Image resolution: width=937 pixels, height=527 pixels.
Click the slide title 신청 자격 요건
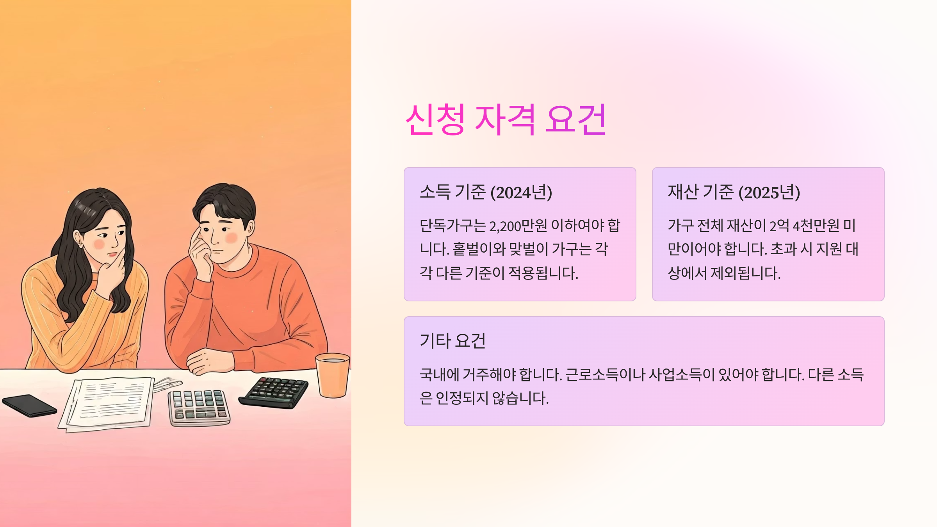tap(506, 119)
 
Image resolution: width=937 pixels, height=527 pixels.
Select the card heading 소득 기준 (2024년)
tap(486, 192)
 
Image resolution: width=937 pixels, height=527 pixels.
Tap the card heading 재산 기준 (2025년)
tap(734, 192)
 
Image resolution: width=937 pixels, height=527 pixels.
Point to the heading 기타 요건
tap(452, 341)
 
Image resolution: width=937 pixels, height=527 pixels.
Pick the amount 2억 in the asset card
tap(779, 226)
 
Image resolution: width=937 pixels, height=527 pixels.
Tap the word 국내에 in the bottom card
tap(439, 375)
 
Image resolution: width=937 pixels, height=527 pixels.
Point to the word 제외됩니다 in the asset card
tap(745, 273)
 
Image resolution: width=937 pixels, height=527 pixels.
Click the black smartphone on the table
tap(29, 405)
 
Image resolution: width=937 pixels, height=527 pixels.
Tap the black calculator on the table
tap(274, 392)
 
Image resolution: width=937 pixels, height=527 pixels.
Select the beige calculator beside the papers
tap(199, 408)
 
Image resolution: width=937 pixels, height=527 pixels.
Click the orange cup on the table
tap(333, 375)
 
